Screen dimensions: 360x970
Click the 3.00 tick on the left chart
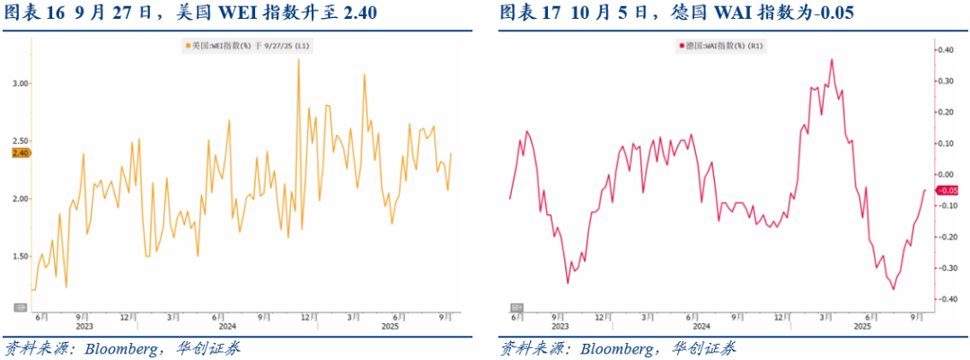(19, 83)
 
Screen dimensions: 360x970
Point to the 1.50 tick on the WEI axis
(19, 256)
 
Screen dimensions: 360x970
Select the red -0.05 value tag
(949, 190)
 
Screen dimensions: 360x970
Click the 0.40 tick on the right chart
(948, 50)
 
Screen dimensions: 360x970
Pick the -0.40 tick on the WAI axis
(948, 299)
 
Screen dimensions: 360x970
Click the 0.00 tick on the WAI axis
(948, 174)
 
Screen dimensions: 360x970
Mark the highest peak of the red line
(832, 59)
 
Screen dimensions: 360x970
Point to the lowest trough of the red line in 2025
(893, 289)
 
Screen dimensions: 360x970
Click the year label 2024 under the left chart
(226, 326)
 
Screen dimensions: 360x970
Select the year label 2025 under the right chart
(861, 326)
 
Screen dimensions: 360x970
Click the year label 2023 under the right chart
(559, 326)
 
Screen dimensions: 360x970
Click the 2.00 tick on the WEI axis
(19, 198)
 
